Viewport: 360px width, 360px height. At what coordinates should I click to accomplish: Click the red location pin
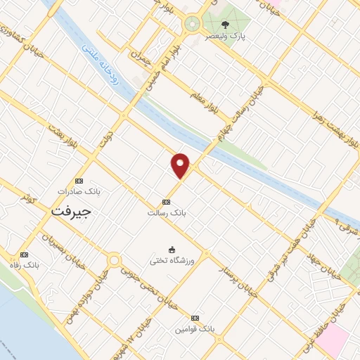click(x=181, y=166)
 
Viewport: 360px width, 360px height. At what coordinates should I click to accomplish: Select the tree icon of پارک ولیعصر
click(x=225, y=24)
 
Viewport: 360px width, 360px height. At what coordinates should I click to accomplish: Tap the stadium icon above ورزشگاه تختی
click(x=172, y=250)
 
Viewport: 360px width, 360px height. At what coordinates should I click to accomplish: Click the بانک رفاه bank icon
click(x=25, y=255)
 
